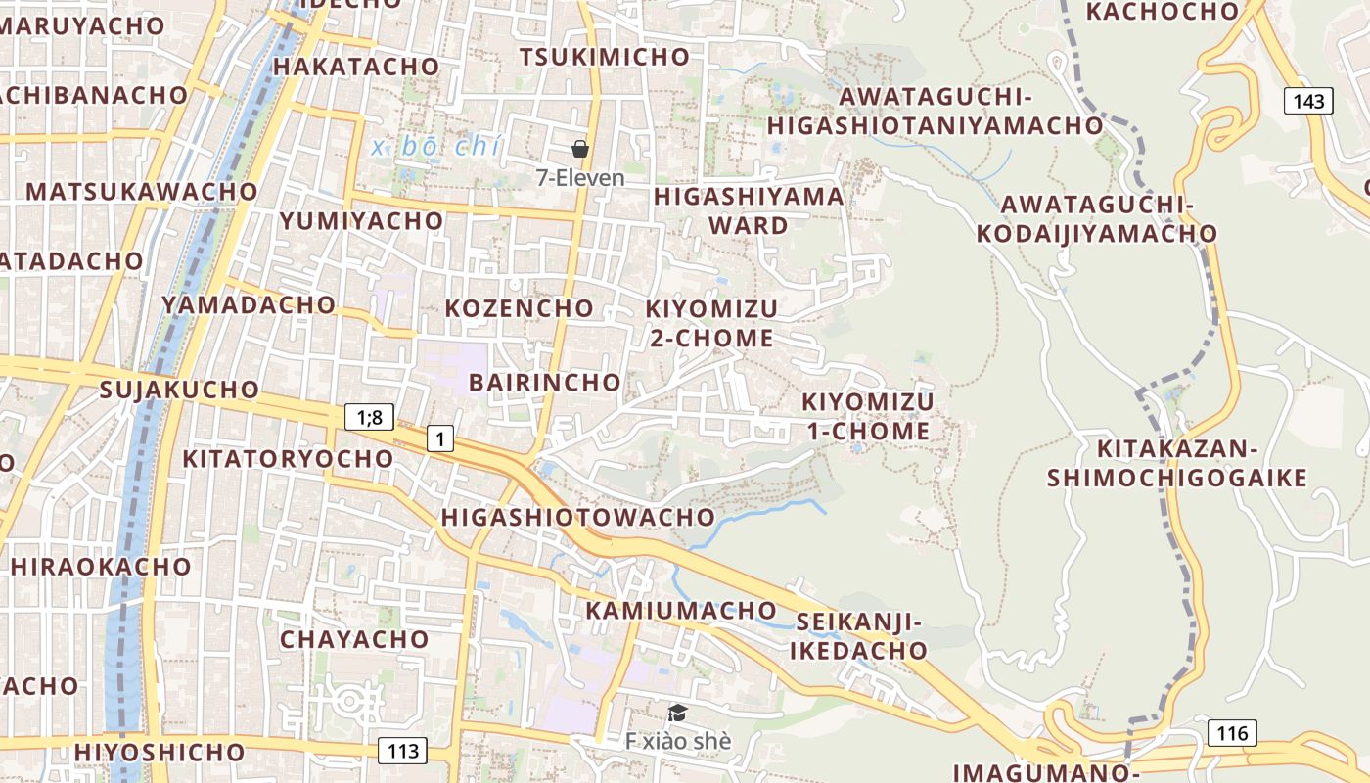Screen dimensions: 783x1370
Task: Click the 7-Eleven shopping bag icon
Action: (580, 149)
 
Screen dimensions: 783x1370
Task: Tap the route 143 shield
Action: (1308, 101)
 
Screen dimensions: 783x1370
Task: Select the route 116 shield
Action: (1232, 732)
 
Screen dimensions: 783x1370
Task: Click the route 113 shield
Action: (402, 751)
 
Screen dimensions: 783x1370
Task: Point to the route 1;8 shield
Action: (369, 417)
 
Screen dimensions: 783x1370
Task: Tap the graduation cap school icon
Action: (677, 713)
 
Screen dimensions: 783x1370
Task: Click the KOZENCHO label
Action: (520, 308)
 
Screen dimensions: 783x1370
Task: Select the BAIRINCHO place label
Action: (544, 382)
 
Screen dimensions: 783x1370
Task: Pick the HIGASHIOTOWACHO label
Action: (578, 517)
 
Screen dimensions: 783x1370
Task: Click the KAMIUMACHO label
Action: (681, 611)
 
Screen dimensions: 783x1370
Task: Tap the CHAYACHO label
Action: (354, 640)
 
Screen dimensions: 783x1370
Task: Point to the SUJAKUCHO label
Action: (179, 390)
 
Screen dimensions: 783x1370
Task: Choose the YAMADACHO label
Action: (249, 304)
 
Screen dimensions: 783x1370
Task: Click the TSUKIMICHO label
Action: (604, 57)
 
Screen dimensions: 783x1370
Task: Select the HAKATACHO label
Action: (356, 67)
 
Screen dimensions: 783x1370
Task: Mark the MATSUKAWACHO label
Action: (142, 192)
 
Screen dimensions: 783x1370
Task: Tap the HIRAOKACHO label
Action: (101, 567)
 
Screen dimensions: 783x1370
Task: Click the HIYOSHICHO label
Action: (160, 752)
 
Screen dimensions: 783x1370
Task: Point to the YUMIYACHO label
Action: (361, 221)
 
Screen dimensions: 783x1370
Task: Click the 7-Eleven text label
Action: (580, 178)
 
